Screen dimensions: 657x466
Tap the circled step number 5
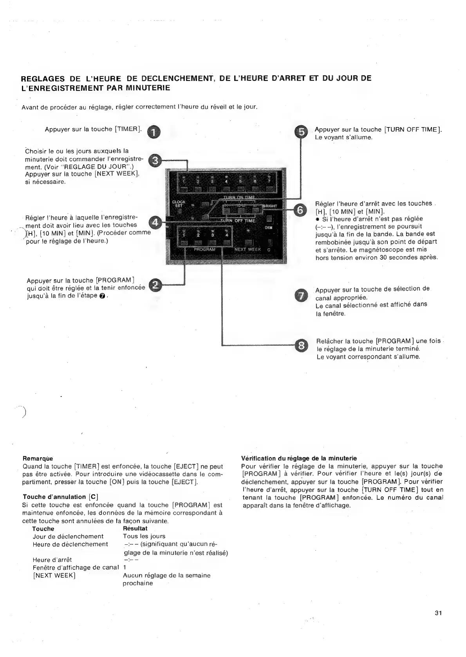tap(301, 133)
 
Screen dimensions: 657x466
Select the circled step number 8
tap(301, 346)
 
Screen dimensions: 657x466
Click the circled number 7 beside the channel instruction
tap(301, 296)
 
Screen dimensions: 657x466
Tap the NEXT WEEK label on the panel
tap(247, 249)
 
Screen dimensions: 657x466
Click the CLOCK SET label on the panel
tap(179, 204)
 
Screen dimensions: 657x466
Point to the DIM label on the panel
tap(268, 228)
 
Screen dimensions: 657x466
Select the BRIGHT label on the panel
tap(269, 206)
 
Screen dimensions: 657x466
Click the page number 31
tap(438, 613)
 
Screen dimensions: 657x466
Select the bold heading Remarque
tap(38, 458)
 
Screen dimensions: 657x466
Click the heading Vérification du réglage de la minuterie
tap(299, 458)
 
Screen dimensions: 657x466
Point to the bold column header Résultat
tap(135, 528)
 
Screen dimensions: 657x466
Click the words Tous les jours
tap(144, 536)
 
